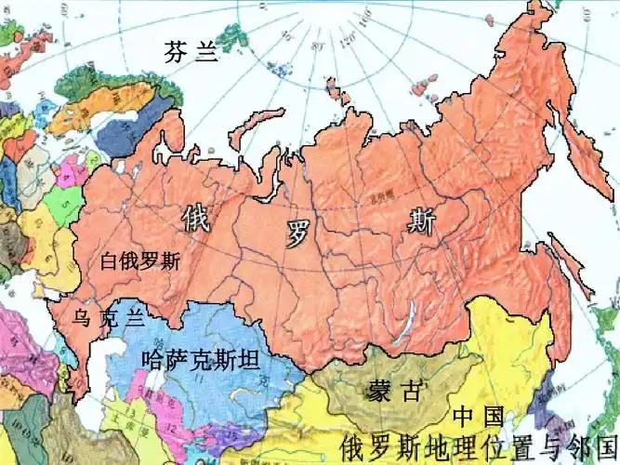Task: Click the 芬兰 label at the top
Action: point(191,51)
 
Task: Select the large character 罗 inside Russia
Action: point(297,234)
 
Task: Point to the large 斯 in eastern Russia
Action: point(420,220)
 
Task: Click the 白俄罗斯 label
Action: point(140,261)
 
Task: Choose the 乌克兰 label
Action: point(109,319)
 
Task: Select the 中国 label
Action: point(479,415)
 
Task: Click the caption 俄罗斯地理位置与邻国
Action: point(480,445)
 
